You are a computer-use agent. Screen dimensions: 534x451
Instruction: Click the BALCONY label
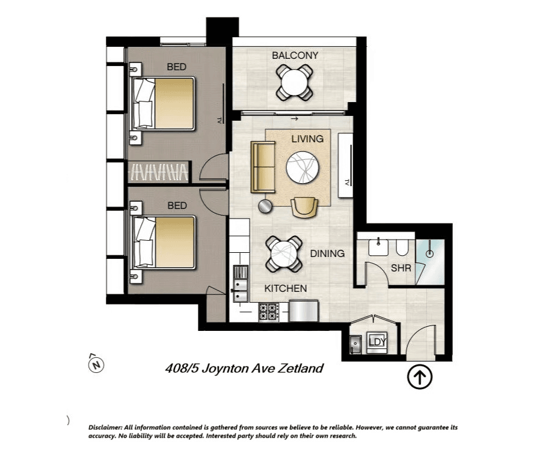click(295, 55)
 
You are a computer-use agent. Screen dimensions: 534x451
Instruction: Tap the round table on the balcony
click(295, 82)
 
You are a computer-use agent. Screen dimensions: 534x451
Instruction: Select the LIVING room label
click(307, 139)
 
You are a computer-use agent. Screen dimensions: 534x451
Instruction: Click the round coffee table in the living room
click(302, 168)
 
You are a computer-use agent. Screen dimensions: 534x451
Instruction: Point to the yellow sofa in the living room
click(263, 167)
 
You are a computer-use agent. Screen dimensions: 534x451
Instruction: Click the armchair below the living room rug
click(304, 207)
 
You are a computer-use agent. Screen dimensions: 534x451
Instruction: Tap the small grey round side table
click(265, 207)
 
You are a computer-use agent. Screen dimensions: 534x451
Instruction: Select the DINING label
click(327, 253)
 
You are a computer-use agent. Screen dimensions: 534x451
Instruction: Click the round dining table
click(284, 255)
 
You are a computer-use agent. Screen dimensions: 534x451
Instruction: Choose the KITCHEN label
click(286, 288)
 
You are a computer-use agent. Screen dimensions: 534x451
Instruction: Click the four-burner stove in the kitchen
click(269, 312)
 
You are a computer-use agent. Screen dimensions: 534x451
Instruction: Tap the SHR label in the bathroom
click(401, 268)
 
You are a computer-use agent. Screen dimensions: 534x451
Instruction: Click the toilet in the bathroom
click(402, 247)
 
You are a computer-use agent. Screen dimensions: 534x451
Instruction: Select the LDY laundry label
click(377, 342)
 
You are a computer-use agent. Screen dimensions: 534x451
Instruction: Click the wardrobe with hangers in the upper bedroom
click(158, 172)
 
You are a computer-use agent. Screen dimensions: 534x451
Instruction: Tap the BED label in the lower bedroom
click(177, 205)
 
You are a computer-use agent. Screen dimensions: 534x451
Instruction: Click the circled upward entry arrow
click(420, 377)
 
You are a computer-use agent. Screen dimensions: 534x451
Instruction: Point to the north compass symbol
click(96, 364)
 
